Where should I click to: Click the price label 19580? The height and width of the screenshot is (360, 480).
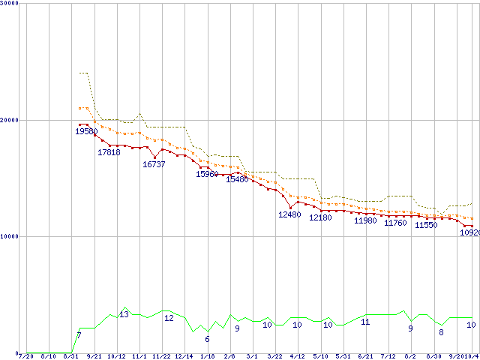point(86,131)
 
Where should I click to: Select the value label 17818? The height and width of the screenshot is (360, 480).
point(109,152)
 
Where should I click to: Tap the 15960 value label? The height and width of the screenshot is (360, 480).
point(207,174)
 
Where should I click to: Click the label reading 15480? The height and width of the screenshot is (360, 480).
point(237,179)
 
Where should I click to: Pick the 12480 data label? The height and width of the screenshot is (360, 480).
point(289,214)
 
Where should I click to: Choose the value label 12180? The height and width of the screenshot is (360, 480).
point(320,217)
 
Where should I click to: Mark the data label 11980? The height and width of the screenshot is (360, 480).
point(365,220)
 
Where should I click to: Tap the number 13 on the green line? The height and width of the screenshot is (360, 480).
point(124,314)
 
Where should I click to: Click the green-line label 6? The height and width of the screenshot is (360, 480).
point(207,339)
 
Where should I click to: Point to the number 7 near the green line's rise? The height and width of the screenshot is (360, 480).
point(79,334)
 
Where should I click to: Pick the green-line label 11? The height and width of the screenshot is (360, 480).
point(365,322)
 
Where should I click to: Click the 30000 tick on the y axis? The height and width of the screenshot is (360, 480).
point(10,4)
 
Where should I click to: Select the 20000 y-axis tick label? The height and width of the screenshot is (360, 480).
point(10,120)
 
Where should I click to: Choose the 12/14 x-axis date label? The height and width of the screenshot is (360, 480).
point(184,356)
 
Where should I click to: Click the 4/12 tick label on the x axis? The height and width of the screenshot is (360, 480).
point(297,356)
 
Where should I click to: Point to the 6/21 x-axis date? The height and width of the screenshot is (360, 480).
point(365,356)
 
